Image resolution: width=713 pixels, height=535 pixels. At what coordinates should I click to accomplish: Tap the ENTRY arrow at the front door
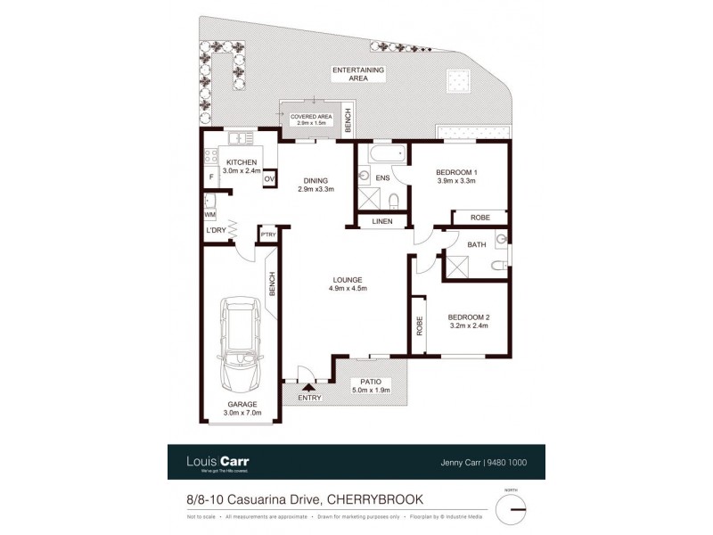pos(309,387)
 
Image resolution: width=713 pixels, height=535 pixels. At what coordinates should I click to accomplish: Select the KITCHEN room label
pos(241,161)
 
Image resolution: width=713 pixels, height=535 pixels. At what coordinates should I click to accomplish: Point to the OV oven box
pos(268,179)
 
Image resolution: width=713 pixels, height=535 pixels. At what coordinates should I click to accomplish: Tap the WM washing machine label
pos(210,215)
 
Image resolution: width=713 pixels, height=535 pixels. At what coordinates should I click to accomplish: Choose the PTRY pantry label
pos(267,235)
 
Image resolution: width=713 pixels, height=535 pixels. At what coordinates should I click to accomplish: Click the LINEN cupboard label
pos(382,220)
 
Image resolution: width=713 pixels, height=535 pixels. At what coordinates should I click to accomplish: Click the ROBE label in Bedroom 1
pos(479,217)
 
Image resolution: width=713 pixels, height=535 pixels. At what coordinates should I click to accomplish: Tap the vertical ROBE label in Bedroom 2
pos(417,326)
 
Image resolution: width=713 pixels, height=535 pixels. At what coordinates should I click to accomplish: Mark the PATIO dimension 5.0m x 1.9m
pos(372,390)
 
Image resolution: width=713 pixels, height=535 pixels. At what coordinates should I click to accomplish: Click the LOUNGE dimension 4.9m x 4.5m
pos(348,288)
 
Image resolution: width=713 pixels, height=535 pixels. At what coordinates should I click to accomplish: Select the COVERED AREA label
pos(311,116)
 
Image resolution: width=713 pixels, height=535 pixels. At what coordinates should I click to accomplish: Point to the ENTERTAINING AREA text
pos(357,74)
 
